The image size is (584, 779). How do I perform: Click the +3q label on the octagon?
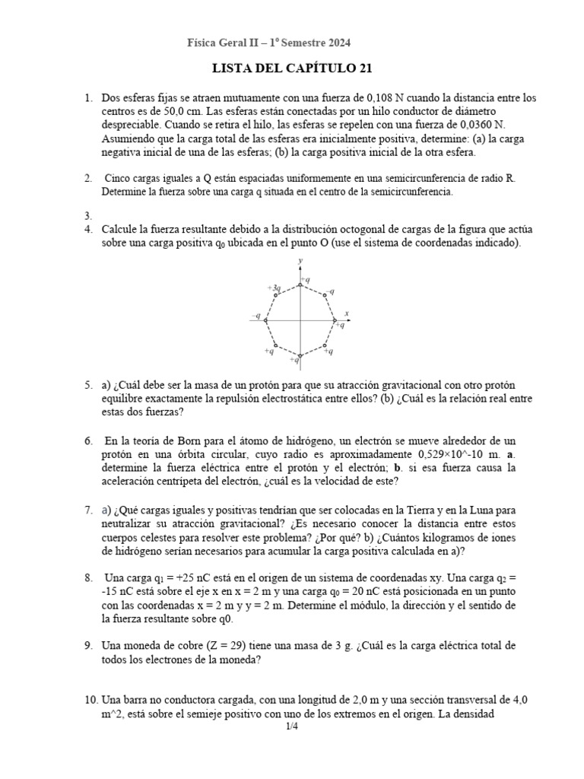[274, 288]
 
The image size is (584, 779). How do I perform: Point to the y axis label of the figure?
[301, 261]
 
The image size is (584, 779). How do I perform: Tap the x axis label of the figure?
[346, 313]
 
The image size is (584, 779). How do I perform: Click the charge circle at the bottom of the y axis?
[300, 355]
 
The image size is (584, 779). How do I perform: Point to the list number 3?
[88, 216]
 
